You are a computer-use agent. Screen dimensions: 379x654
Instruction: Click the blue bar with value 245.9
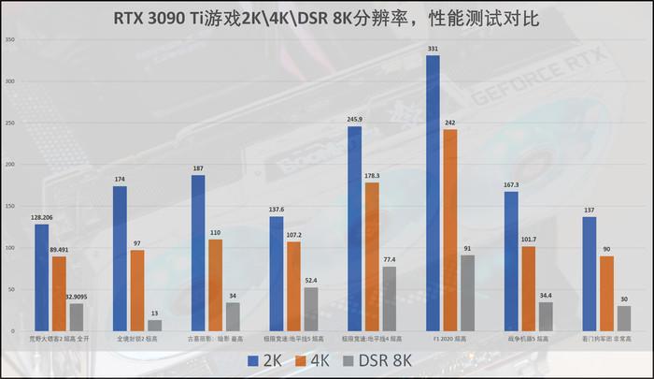click(354, 228)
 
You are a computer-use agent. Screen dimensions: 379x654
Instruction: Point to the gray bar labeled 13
click(155, 325)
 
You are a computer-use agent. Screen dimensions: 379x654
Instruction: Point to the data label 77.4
click(390, 258)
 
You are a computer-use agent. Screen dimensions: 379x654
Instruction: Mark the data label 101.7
click(529, 239)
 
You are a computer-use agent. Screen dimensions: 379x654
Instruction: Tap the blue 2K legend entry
click(263, 360)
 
